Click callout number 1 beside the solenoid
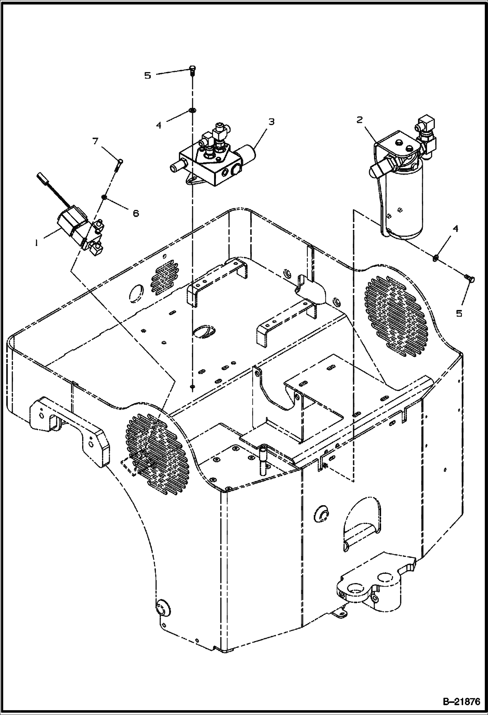click(37, 243)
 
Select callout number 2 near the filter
click(359, 120)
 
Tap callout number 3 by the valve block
click(271, 122)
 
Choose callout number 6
click(135, 213)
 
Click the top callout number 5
click(148, 76)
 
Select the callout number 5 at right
click(459, 314)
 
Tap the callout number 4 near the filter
click(455, 229)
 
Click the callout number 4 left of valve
click(159, 125)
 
